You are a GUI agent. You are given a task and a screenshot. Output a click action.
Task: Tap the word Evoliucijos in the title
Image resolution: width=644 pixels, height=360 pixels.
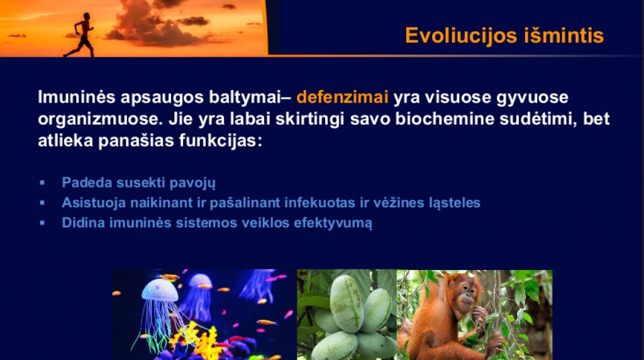pos(460,35)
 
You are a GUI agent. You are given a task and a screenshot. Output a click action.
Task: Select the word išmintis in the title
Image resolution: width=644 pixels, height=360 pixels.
pos(564,35)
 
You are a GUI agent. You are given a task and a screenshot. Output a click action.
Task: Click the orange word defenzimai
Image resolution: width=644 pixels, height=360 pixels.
pos(342,97)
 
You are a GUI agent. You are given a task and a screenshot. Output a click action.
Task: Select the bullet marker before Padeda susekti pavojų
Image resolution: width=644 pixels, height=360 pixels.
pos(42,183)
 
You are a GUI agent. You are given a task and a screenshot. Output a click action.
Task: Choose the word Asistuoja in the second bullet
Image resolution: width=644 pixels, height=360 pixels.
pos(94,203)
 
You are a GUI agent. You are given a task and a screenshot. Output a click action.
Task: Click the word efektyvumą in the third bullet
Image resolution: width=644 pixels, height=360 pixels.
pos(333,223)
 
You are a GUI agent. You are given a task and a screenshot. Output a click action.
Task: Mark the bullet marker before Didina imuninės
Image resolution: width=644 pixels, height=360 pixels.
pos(42,223)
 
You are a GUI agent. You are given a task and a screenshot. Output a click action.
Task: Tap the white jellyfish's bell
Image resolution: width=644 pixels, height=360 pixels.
pos(160,290)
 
